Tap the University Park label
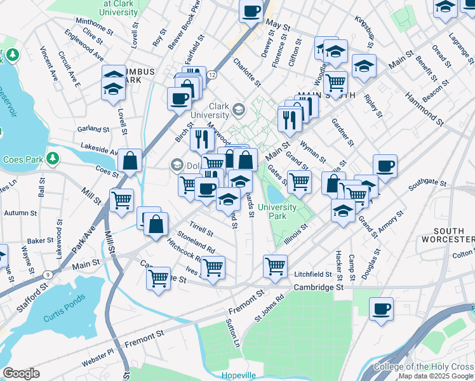[x=277, y=211]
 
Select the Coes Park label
[x=22, y=160]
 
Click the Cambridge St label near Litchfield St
[x=318, y=288]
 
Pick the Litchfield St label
[x=313, y=274]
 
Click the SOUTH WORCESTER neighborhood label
[x=453, y=235]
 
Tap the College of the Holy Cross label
[x=424, y=366]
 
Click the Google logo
[x=20, y=374]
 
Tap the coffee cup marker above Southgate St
[x=385, y=166]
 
